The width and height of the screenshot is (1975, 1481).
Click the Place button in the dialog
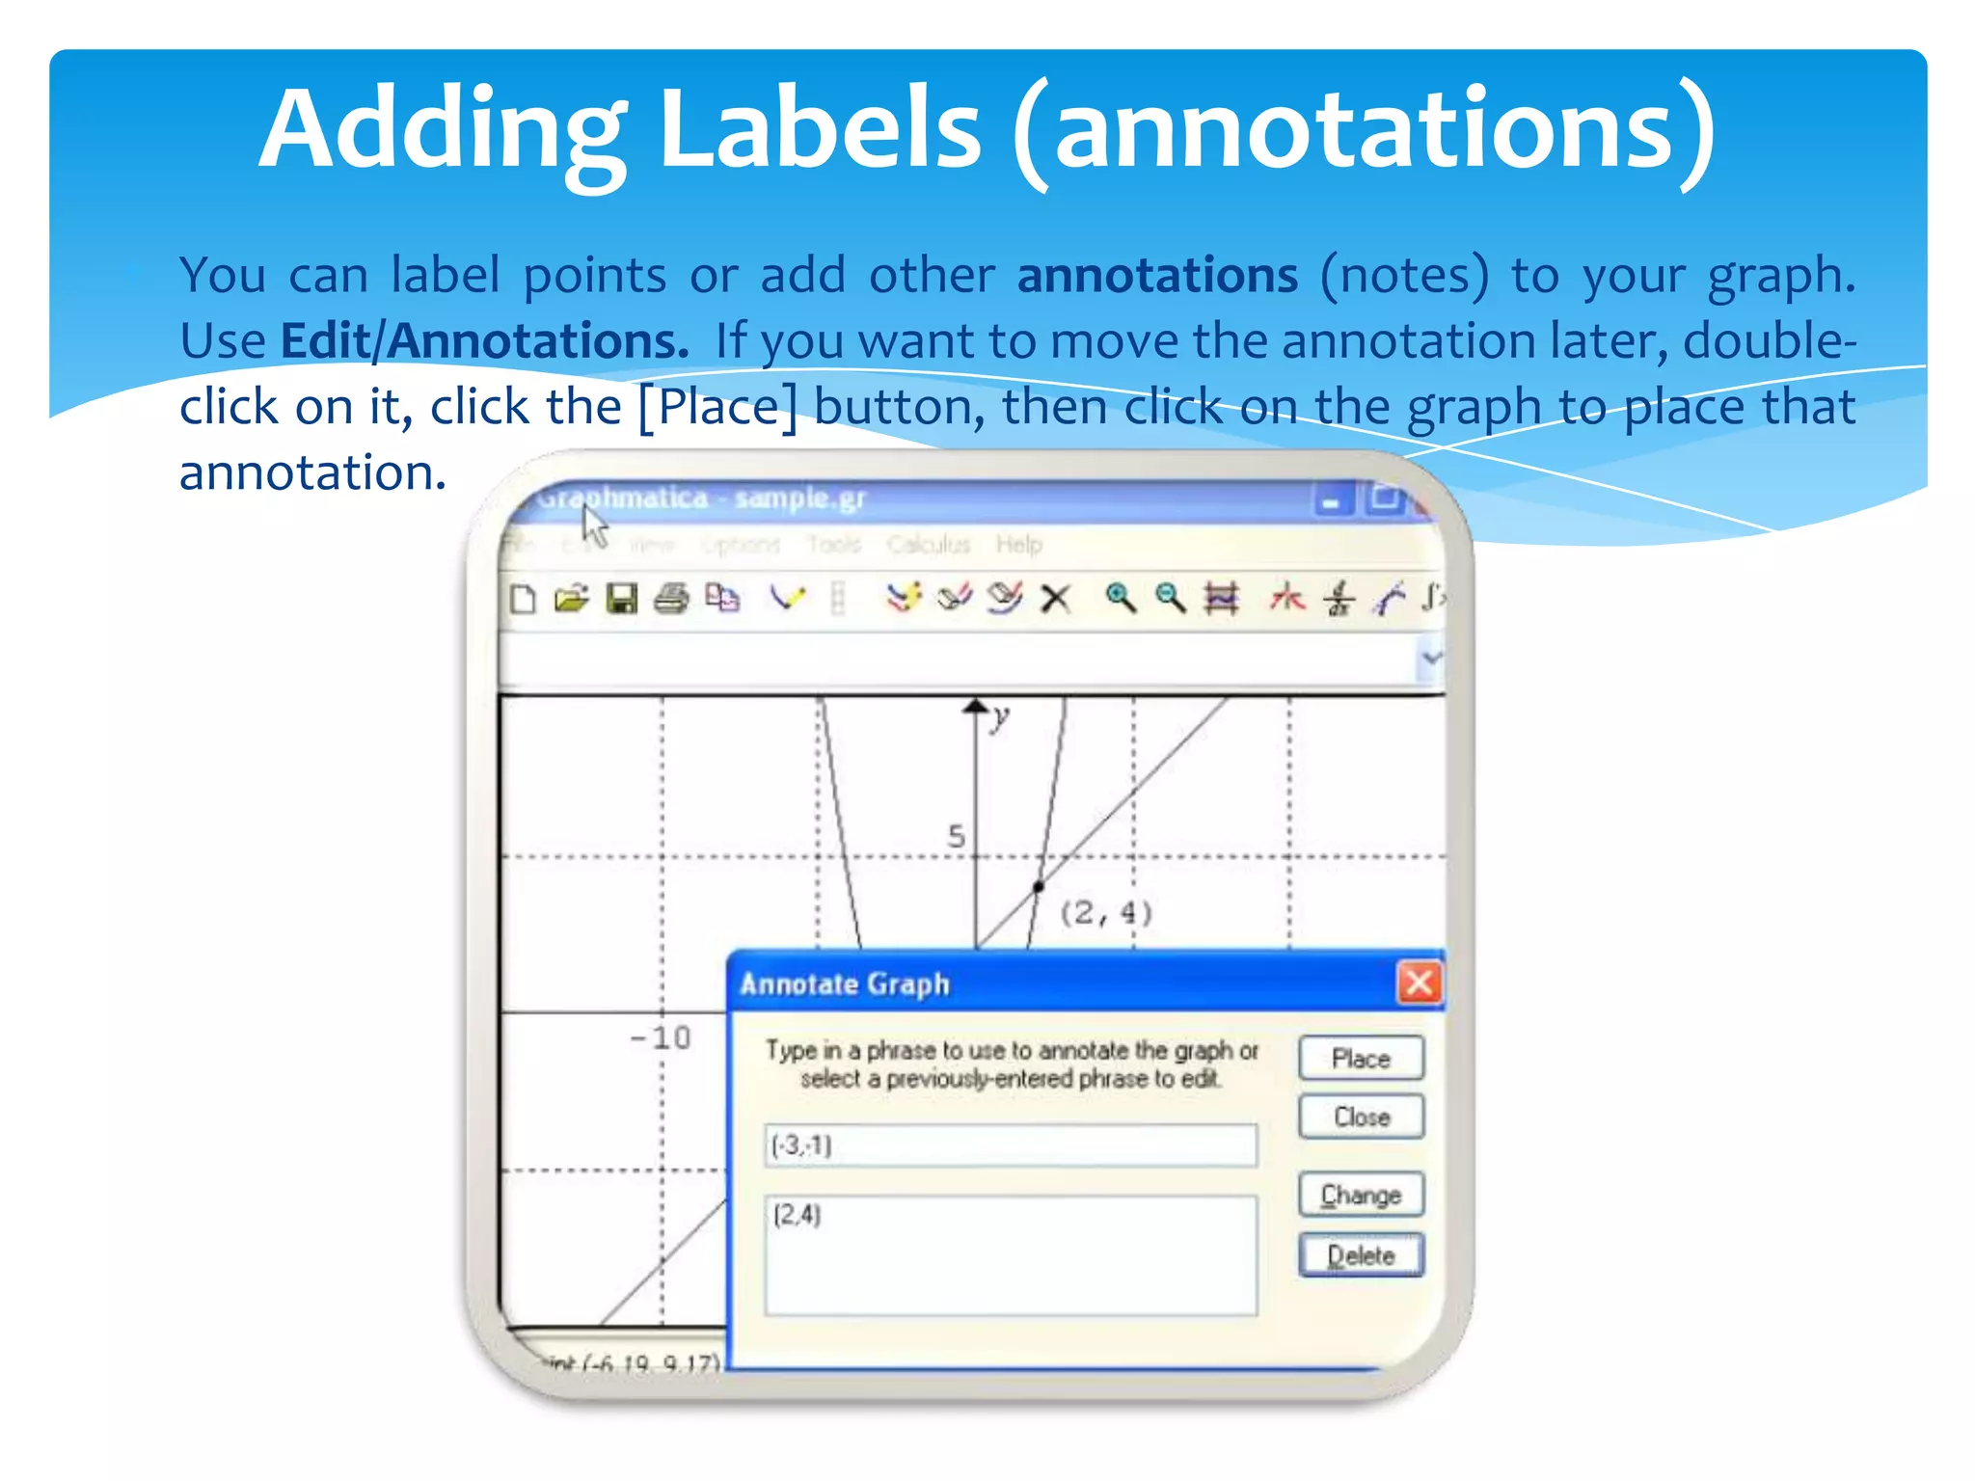(x=1361, y=1058)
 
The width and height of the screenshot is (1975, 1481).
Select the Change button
(x=1361, y=1195)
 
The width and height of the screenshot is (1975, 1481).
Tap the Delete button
(x=1361, y=1255)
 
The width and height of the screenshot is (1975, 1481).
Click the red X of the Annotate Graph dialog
(x=1419, y=983)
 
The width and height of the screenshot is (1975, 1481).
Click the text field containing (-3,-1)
(x=1010, y=1145)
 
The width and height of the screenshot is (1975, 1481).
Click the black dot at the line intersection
(x=1039, y=886)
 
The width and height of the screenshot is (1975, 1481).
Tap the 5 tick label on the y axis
(x=956, y=836)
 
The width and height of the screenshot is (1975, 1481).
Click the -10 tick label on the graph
(x=661, y=1038)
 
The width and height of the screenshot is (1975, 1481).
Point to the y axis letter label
(x=1001, y=716)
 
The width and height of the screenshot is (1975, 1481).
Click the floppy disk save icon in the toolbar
(x=621, y=599)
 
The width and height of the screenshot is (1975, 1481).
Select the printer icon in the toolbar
(x=671, y=599)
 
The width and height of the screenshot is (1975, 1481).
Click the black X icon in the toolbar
(x=1056, y=600)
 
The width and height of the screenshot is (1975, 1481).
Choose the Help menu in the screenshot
(x=1018, y=545)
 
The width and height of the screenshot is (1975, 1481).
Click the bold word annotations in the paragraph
(x=1157, y=276)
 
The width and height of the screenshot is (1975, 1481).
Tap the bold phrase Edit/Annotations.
(x=484, y=341)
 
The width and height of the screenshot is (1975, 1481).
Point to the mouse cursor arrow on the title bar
(x=594, y=526)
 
